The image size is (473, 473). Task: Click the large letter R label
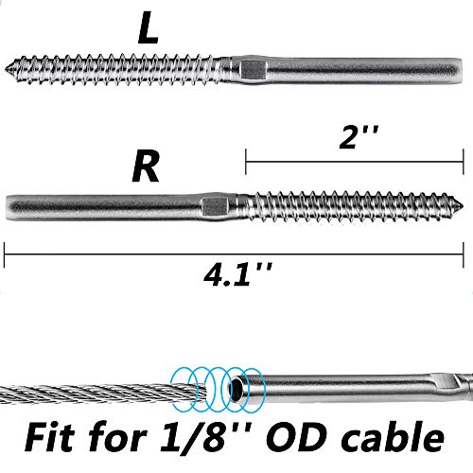(x=146, y=166)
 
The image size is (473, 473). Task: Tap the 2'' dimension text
(x=359, y=137)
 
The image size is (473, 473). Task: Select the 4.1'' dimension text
(x=237, y=275)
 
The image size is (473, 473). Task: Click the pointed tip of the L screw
(x=6, y=68)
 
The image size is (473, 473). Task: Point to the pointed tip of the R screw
(x=463, y=206)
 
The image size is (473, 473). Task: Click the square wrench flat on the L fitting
(x=252, y=70)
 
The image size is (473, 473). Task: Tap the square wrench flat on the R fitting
(x=215, y=206)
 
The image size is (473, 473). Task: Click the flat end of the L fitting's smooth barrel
(x=461, y=69)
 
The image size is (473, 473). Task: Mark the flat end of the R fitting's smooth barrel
(x=7, y=206)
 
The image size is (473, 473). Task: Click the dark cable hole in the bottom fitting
(x=236, y=390)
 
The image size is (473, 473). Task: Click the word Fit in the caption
(x=49, y=438)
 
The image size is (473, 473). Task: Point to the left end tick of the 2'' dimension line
(x=246, y=162)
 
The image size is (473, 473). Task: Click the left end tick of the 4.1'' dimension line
(x=4, y=254)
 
